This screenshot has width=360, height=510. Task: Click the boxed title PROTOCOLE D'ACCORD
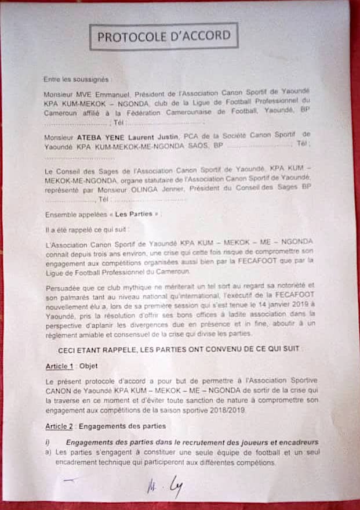coord(163,36)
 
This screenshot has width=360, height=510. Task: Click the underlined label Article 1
coord(60,367)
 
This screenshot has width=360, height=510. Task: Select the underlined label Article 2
coord(60,426)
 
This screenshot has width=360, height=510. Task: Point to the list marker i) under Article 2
coord(49,443)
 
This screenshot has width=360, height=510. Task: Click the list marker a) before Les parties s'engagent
coord(49,453)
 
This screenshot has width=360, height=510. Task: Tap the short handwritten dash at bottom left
coord(70,479)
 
